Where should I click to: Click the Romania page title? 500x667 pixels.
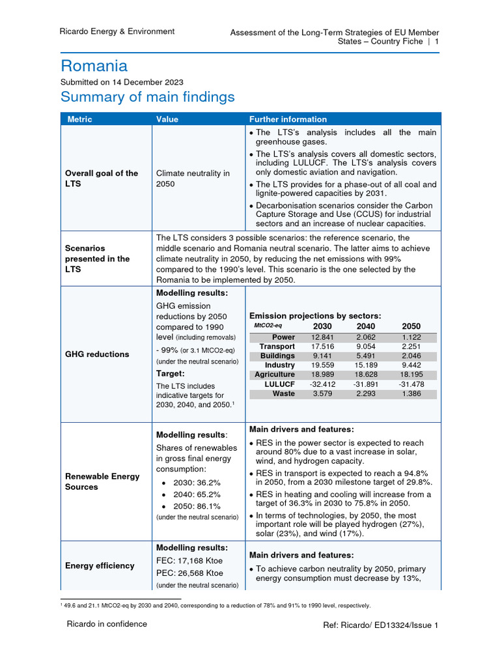pos(94,66)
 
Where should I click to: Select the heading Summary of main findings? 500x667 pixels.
pos(147,97)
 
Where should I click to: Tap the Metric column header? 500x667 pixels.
pos(79,119)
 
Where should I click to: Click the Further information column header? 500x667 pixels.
pos(288,119)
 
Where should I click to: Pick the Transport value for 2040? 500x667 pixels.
pos(366,347)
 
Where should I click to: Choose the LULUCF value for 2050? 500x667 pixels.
pos(411,384)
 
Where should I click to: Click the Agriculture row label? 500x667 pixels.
pos(274,375)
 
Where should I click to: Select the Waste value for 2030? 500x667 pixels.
pos(322,393)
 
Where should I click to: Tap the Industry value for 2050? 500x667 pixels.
pos(411,365)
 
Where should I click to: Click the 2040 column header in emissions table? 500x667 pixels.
pos(366,326)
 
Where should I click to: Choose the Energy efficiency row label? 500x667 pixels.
pos(100,565)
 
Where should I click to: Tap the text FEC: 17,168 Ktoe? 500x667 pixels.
pos(189,560)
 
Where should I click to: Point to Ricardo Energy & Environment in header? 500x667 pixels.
pos(117,31)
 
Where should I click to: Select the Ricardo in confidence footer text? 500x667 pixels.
pos(107,624)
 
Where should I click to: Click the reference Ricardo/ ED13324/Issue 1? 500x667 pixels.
pos(381,625)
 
